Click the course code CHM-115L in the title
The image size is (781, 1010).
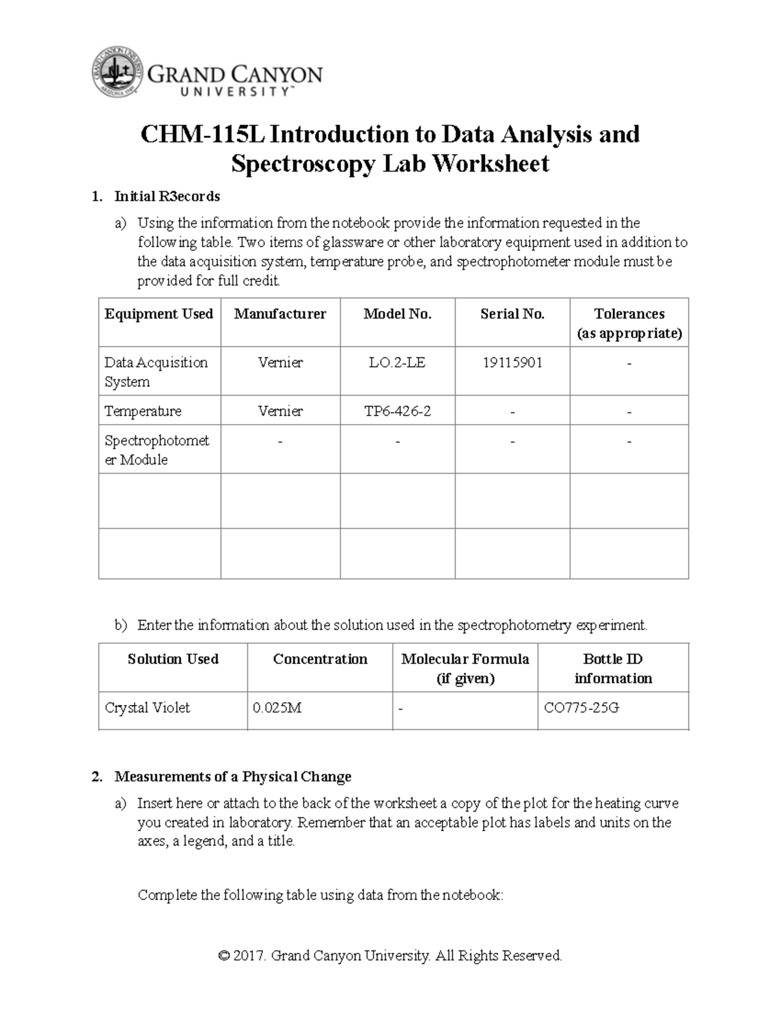[203, 135]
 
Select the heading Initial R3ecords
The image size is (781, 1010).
[167, 196]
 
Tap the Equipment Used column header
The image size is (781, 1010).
[159, 314]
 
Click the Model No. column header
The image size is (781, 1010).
[397, 314]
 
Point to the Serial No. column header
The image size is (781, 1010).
[512, 314]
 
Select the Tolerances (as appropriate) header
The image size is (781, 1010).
[629, 323]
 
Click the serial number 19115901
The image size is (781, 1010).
[512, 363]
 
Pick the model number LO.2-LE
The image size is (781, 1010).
[397, 363]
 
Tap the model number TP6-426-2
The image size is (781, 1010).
[397, 412]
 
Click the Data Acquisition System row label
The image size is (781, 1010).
[156, 372]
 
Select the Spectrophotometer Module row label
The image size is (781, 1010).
[157, 450]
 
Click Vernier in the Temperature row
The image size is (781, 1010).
[280, 412]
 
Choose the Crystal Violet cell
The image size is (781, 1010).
[147, 708]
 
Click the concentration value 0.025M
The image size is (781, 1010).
[277, 708]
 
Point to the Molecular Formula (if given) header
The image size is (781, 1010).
[465, 669]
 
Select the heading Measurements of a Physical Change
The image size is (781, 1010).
[232, 777]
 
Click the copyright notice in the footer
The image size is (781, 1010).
[390, 955]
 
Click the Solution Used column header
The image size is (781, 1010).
[173, 659]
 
